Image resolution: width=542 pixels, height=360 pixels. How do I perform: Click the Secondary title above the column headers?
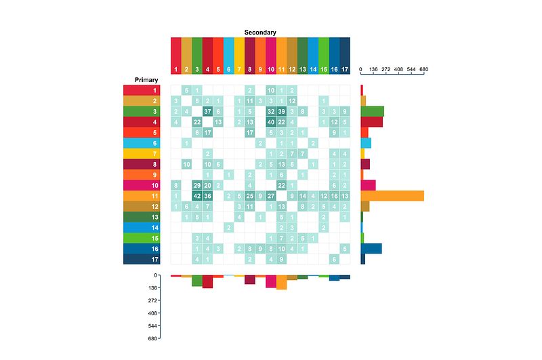260,33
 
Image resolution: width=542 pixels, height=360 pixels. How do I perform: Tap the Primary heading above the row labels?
146,80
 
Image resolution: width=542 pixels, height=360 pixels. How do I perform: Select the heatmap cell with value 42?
197,196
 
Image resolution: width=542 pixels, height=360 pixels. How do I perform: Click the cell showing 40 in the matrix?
271,122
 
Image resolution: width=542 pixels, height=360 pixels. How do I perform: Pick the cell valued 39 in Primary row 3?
282,111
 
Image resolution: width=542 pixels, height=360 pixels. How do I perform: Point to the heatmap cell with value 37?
208,111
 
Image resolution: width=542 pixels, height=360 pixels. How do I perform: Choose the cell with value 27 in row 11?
271,196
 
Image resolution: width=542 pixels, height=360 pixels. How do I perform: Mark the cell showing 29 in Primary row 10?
197,185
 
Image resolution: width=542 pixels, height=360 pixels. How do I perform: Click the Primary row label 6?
142,143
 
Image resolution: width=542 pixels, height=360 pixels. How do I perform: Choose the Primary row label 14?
142,227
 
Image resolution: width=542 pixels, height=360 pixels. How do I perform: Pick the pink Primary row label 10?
142,185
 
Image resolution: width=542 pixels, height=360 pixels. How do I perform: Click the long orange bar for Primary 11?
392,196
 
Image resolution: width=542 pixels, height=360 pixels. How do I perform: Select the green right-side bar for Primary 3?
372,111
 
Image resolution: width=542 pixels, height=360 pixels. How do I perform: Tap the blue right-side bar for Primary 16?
371,248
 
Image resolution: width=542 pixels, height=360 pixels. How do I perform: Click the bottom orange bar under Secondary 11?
281,283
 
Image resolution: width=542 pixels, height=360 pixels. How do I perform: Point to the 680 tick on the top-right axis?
424,70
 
